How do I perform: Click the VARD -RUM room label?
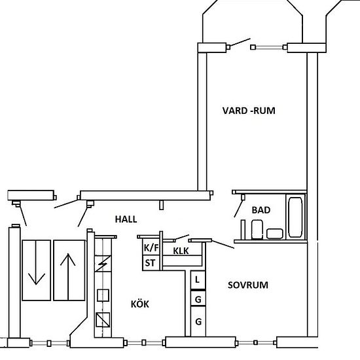[x=249, y=111]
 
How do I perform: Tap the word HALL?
[x=126, y=219]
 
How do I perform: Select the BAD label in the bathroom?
[x=261, y=210]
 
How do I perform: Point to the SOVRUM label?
[x=248, y=285]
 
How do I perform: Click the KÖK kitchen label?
[x=140, y=304]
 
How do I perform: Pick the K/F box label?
[x=151, y=247]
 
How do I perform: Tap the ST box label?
[x=150, y=263]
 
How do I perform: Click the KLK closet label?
[x=181, y=251]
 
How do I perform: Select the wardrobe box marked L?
[x=198, y=280]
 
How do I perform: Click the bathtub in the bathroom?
[x=295, y=217]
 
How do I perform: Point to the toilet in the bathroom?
[x=257, y=229]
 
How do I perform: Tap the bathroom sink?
[x=275, y=234]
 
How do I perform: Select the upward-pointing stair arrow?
[x=68, y=277]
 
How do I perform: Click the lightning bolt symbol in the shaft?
[x=103, y=264]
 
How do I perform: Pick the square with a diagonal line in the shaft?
[x=103, y=320]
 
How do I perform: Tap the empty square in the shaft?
[x=103, y=295]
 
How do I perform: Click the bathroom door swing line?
[x=238, y=208]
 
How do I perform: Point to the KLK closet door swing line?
[x=182, y=237]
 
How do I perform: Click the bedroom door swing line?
[x=223, y=244]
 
